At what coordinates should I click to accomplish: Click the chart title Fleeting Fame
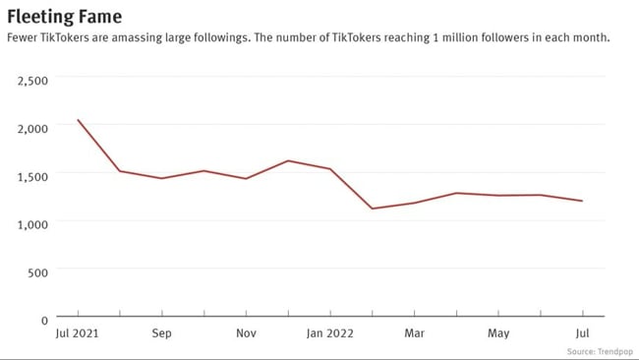click(x=65, y=16)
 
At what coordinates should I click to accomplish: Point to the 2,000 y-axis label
click(x=33, y=129)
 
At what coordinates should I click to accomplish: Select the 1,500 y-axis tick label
click(x=33, y=176)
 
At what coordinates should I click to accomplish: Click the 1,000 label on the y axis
click(x=33, y=224)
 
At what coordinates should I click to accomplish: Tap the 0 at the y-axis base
click(x=44, y=321)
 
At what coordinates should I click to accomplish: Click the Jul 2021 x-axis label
click(x=78, y=333)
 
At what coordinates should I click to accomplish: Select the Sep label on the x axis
click(x=162, y=333)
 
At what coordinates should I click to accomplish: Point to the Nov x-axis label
click(x=246, y=333)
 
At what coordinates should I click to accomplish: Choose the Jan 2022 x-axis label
click(x=330, y=333)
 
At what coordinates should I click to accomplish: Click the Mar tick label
click(x=414, y=333)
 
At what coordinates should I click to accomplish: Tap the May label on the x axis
click(x=498, y=333)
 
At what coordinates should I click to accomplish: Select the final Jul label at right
click(x=582, y=333)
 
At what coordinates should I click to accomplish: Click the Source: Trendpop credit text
click(x=600, y=351)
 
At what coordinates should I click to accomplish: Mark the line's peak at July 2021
click(x=78, y=120)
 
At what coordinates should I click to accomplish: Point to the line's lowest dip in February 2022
click(x=372, y=209)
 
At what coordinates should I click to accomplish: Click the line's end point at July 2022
click(x=582, y=201)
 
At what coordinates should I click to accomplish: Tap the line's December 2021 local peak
click(x=288, y=160)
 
